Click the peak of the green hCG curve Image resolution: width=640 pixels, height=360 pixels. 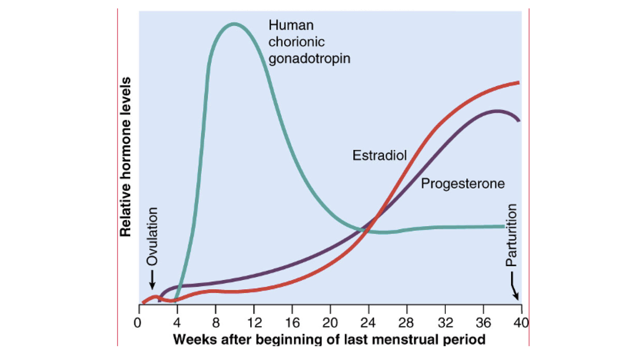click(234, 24)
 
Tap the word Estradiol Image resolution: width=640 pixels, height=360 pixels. click(379, 155)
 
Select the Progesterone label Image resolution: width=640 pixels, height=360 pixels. click(463, 184)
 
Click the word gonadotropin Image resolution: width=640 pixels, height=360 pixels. click(309, 59)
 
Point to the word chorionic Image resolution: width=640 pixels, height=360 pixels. click(296, 42)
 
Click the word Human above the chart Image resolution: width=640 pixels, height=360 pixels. click(291, 25)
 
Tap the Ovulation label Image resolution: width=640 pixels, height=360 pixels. click(152, 236)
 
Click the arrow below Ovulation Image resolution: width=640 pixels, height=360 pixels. click(152, 280)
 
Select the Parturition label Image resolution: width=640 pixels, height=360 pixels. click(511, 235)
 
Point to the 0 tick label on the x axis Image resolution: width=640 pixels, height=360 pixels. click(137, 323)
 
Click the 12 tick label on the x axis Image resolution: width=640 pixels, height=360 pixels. click(254, 323)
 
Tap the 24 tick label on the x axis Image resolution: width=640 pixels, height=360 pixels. click(368, 323)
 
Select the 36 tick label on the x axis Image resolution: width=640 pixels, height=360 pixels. click(483, 323)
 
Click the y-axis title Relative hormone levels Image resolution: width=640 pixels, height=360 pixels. click(126, 157)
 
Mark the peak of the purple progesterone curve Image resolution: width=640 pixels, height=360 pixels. click(497, 111)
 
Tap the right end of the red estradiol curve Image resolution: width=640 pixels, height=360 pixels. click(518, 82)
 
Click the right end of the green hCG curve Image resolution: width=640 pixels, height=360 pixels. click(504, 226)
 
